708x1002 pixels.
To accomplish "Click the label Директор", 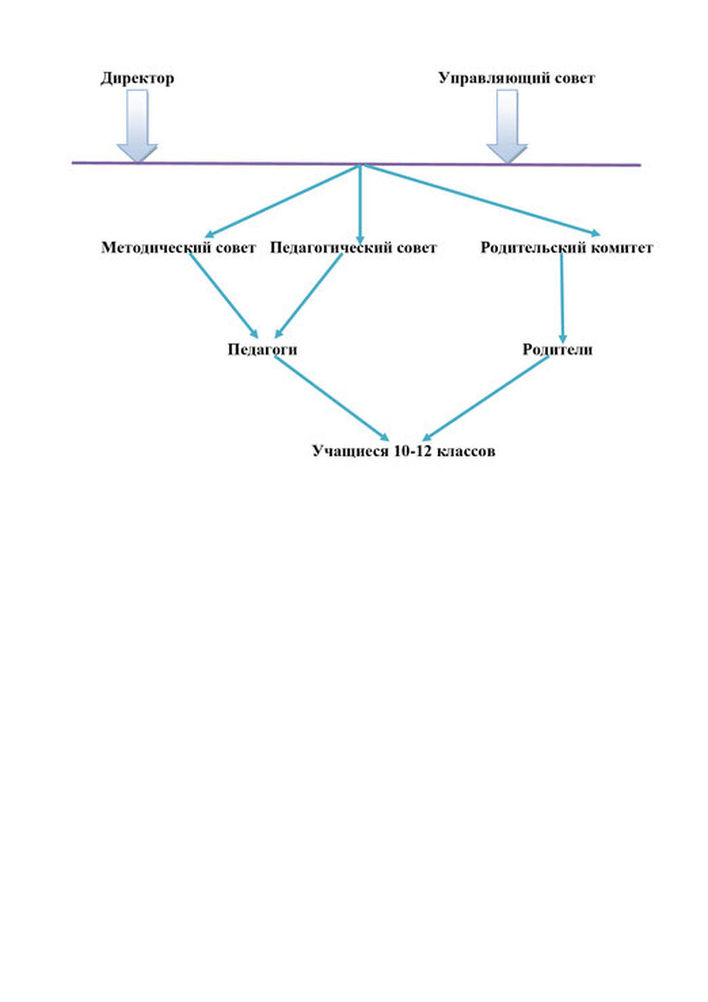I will point(137,78).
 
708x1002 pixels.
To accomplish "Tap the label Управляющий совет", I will point(516,78).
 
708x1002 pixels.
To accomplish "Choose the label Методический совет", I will point(178,248).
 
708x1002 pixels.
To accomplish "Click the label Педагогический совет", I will point(353,248).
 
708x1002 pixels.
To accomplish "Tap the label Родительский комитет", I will point(566,248).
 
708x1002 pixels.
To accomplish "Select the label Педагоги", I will point(262,349).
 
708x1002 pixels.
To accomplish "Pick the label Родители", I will point(557,349).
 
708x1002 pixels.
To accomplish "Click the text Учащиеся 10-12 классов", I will point(403,451).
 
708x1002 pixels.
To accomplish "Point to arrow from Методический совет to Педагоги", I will point(223,294).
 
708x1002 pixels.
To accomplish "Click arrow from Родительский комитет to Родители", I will point(561,298).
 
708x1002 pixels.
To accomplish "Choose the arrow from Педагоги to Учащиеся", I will point(330,398).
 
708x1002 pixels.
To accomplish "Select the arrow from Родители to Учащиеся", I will point(486,398).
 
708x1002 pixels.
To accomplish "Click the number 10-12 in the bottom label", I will point(412,451).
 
